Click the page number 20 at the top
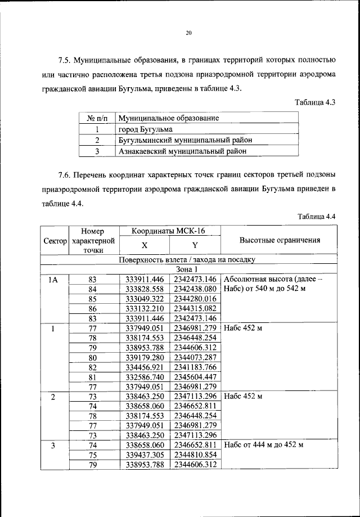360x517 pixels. pos(188,34)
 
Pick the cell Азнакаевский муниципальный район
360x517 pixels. pos(183,151)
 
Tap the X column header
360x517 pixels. pos(145,245)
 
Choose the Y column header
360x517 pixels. pos(195,245)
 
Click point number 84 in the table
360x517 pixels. pos(93,289)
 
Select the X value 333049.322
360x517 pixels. pos(145,299)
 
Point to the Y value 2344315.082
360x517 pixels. pos(195,309)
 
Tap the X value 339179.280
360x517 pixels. pos(145,357)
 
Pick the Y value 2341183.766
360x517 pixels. pos(195,367)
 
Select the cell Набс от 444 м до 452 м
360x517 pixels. pos(263,445)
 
